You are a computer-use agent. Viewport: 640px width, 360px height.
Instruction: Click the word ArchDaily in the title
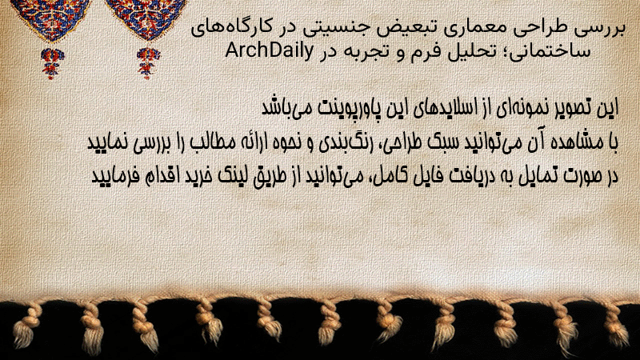[270, 51]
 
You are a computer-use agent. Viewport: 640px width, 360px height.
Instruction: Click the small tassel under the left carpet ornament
[52, 63]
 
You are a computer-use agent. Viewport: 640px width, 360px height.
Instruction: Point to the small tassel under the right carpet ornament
[148, 63]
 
